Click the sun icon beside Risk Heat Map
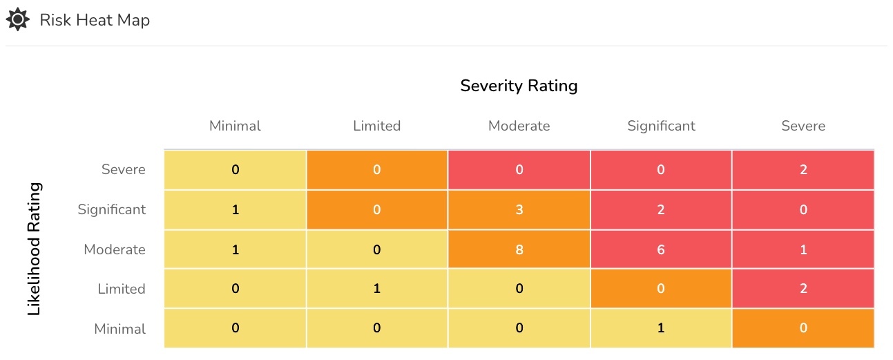[x=17, y=19]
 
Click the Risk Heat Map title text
[x=95, y=20]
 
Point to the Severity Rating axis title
[x=519, y=86]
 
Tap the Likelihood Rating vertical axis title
[x=34, y=249]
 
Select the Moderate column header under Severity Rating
[x=519, y=126]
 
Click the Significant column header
[x=661, y=126]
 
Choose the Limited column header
[x=376, y=126]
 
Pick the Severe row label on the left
[x=124, y=169]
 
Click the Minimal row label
[x=120, y=329]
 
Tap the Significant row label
[x=112, y=209]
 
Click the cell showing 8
[x=519, y=249]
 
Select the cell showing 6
[x=661, y=249]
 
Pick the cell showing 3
[x=519, y=209]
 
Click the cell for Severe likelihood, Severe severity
[x=803, y=170]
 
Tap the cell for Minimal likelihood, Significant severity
[x=661, y=328]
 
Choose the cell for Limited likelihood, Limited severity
[x=376, y=288]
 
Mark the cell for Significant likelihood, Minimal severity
[x=236, y=209]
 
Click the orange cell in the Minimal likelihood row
[x=803, y=328]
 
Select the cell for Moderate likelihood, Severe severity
[x=803, y=249]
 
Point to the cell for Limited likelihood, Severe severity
[x=803, y=288]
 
